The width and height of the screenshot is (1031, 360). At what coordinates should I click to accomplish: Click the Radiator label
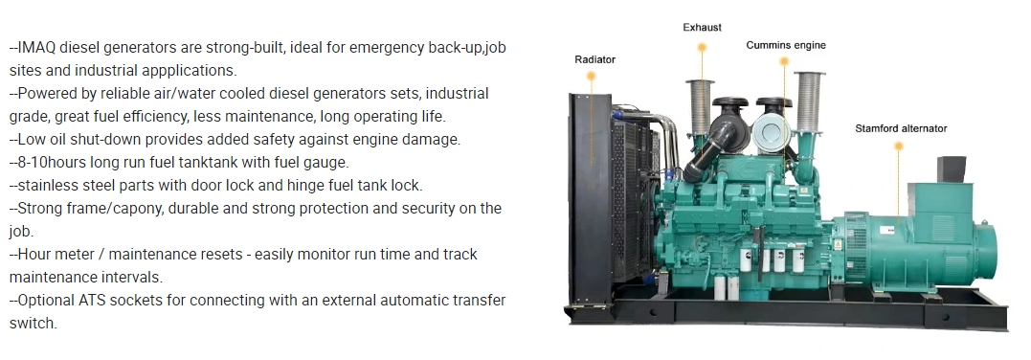point(595,59)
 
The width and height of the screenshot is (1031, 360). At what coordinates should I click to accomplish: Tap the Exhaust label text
point(702,28)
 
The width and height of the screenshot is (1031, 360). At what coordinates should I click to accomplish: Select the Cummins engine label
point(786,45)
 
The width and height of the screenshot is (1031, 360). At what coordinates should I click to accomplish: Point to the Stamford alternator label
point(901,128)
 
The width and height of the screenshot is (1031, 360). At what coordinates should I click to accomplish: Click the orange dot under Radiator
point(591,77)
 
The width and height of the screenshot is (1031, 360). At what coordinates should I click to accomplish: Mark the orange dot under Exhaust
point(702,47)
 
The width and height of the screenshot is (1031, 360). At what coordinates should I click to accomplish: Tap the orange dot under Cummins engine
point(784,61)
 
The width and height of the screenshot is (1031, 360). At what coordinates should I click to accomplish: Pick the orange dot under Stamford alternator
point(899,146)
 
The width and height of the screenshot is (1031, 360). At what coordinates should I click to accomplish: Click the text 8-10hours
point(52,162)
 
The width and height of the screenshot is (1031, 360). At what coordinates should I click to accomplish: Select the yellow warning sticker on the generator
point(839,244)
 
